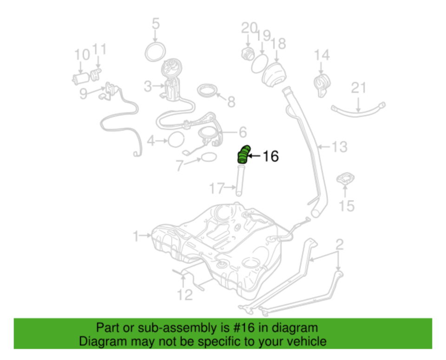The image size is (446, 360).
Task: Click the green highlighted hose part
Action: click(x=243, y=154)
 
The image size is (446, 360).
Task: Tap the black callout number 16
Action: click(x=270, y=157)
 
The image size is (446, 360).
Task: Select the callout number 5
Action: click(x=156, y=24)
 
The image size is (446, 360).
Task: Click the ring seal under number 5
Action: click(x=155, y=52)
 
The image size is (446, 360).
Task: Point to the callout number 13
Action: click(x=340, y=147)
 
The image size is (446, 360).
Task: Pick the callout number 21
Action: click(x=358, y=88)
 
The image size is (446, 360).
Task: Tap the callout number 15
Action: click(x=347, y=206)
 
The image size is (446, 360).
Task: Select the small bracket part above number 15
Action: click(x=345, y=178)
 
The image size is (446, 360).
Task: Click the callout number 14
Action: click(x=321, y=55)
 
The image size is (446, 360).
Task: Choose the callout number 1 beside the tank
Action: click(x=136, y=236)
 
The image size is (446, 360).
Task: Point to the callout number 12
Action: click(x=185, y=295)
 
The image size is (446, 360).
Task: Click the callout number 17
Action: click(x=217, y=188)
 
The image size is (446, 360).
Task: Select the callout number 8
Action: click(x=231, y=102)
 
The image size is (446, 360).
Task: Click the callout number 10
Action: click(x=82, y=55)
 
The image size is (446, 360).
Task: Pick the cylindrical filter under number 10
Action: click(x=82, y=79)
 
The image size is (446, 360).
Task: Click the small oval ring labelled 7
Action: click(x=209, y=157)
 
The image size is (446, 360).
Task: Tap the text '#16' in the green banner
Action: click(x=244, y=328)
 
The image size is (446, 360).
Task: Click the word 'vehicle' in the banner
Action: click(x=309, y=341)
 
